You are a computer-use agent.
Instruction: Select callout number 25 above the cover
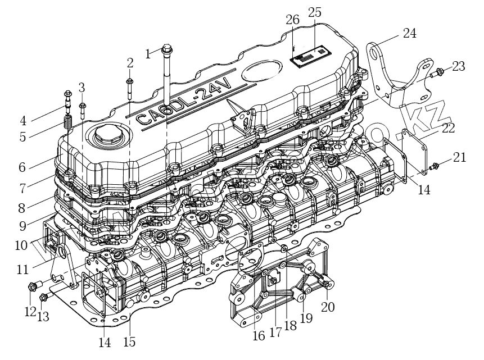[315, 12]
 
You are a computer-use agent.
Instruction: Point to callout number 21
[460, 158]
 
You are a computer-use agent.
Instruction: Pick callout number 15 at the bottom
[130, 341]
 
